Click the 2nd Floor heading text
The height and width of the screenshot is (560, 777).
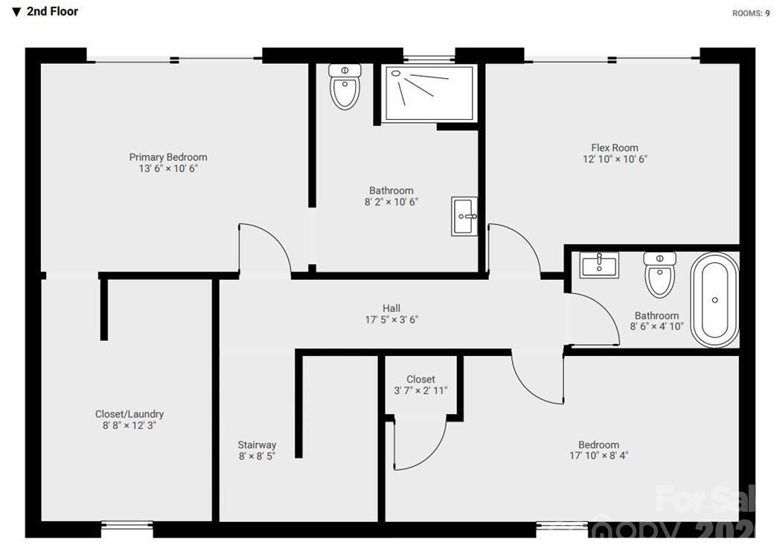52,11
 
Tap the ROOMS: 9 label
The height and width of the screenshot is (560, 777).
751,13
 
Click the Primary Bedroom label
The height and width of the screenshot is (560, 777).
168,157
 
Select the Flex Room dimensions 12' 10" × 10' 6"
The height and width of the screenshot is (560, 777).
615,159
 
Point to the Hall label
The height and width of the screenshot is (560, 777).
391,308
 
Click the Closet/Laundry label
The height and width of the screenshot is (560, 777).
129,414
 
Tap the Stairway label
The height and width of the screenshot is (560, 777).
257,445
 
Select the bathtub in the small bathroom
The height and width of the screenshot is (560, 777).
714,300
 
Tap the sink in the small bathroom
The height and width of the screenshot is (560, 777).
598,265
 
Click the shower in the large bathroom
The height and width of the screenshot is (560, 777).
429,92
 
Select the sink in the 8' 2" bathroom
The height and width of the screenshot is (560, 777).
464,216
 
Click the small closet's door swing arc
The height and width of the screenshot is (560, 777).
421,447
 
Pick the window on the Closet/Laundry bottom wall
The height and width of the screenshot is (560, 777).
127,525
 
